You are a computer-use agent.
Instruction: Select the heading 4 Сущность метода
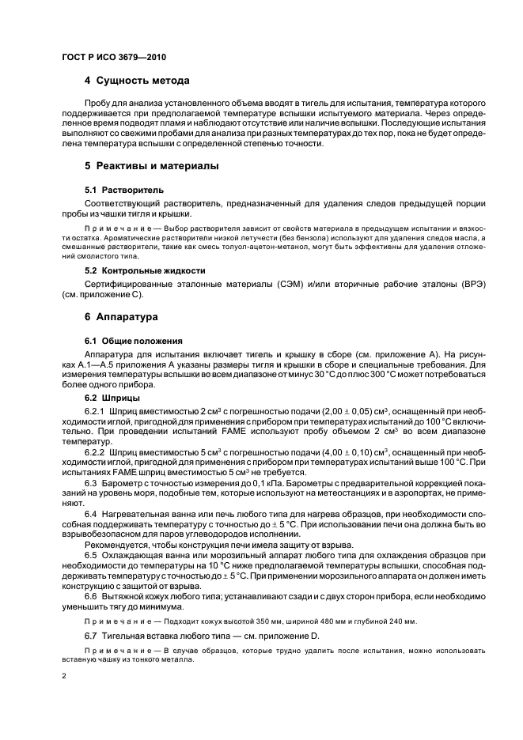[x=136, y=81]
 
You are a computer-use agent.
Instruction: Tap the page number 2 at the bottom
[x=64, y=677]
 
